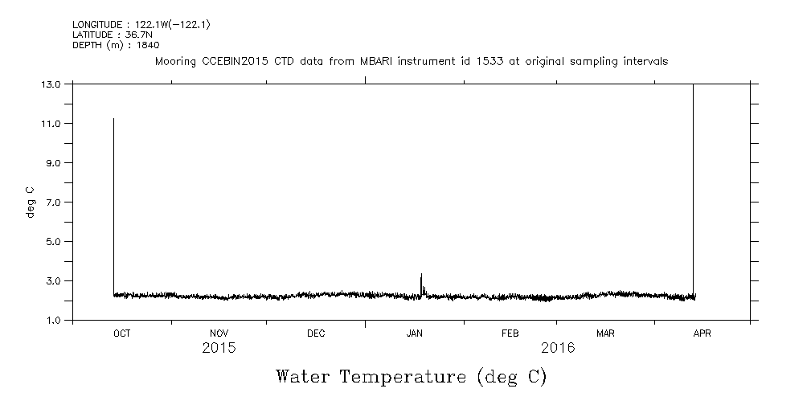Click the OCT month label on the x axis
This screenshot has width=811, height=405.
121,333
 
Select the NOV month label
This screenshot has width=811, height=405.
219,333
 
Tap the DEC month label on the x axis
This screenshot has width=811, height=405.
316,333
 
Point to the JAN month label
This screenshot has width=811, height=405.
414,333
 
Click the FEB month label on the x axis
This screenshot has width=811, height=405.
510,333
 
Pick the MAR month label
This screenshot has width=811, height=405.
605,333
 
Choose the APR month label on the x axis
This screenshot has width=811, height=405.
702,333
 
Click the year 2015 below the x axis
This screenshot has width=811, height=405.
219,349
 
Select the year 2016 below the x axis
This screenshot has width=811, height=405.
558,349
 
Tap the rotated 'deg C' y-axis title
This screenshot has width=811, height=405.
31,202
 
